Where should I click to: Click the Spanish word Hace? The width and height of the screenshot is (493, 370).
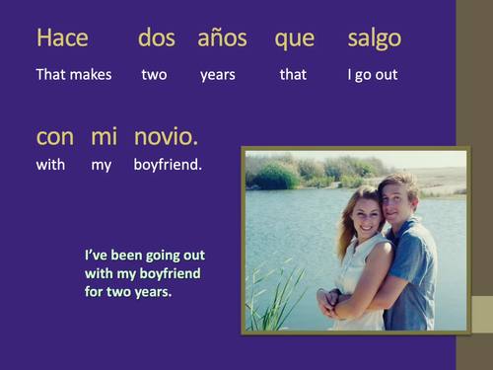62,38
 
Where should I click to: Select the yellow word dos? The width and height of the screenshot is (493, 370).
156,38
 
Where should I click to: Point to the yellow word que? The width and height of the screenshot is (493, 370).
294,39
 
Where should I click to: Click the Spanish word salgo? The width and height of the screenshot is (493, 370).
374,39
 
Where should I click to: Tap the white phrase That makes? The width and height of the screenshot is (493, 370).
74,74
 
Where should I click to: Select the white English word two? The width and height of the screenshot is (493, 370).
154,74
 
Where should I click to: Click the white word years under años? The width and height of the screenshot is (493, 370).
217,75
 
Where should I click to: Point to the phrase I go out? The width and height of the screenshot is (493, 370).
372,75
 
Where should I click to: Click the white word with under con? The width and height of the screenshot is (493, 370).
50,165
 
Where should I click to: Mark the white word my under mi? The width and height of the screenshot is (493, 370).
102,166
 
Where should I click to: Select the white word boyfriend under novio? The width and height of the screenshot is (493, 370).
168,165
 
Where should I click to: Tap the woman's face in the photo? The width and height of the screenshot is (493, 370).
364,214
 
